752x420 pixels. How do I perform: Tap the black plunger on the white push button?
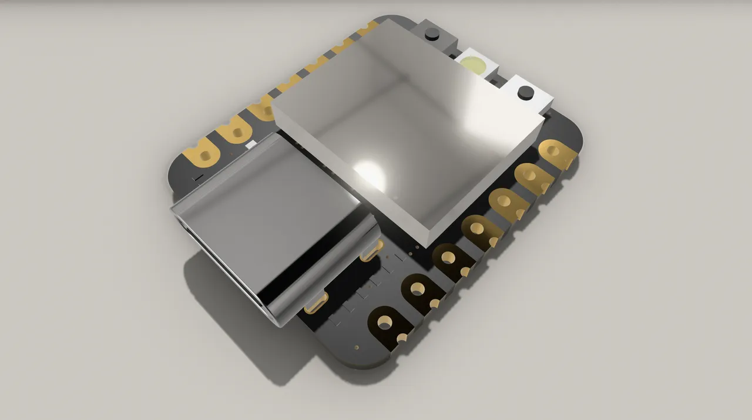[525, 92]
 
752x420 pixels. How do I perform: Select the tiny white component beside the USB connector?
[251, 145]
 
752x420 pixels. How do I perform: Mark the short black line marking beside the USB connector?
[199, 176]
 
